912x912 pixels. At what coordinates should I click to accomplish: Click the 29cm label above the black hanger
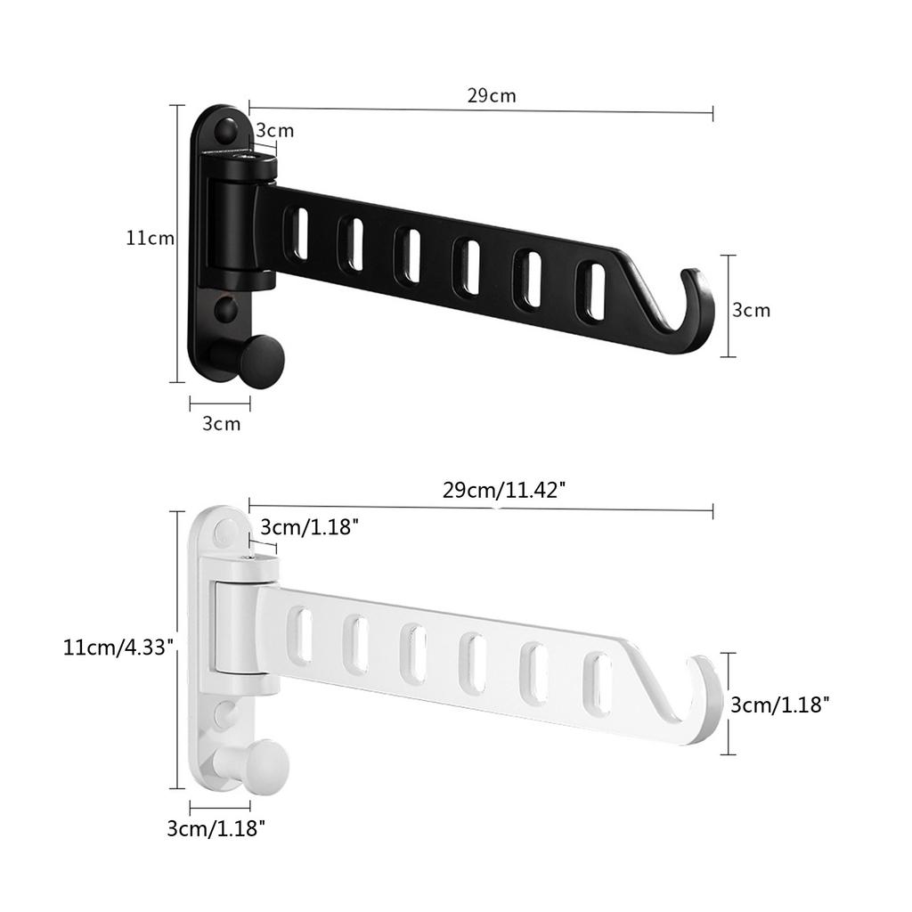pyautogui.click(x=492, y=95)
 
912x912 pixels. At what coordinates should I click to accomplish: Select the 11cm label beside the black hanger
pyautogui.click(x=150, y=238)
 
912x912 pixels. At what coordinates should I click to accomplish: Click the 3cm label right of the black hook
pyautogui.click(x=751, y=310)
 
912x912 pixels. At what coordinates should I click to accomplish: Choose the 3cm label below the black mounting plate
pyautogui.click(x=221, y=423)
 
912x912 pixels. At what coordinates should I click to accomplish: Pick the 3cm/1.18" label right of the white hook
pyautogui.click(x=780, y=704)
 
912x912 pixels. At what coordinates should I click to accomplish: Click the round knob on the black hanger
pyautogui.click(x=263, y=360)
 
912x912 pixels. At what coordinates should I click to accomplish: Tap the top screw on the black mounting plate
pyautogui.click(x=226, y=132)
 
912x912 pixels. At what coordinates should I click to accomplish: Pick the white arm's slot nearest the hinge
pyautogui.click(x=303, y=636)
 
